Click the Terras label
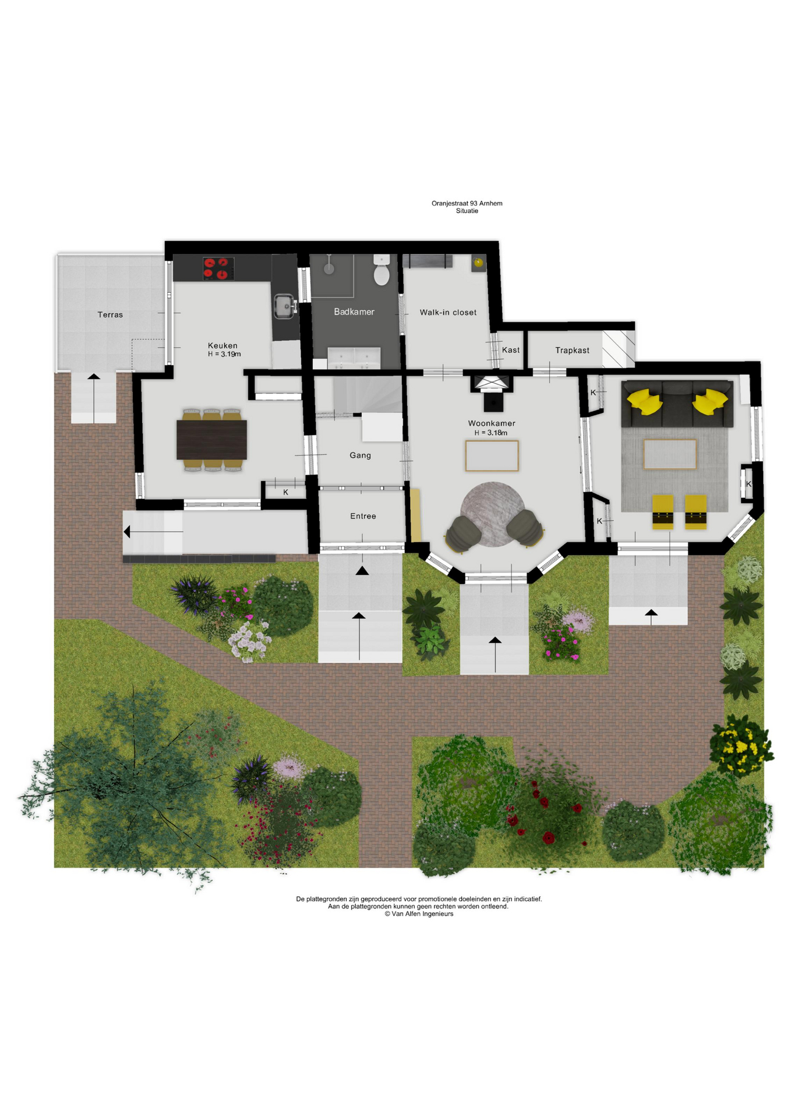(x=110, y=314)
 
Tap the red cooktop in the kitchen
(x=218, y=268)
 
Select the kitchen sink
(x=285, y=306)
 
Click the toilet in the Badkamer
(x=382, y=270)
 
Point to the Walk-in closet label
(x=448, y=313)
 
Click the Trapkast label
(x=572, y=350)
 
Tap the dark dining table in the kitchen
(x=211, y=440)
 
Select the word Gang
(x=360, y=455)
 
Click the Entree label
(x=363, y=516)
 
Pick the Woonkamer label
(x=492, y=423)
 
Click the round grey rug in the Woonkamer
(x=493, y=514)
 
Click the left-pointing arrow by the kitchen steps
(x=153, y=532)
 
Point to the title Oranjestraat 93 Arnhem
(x=467, y=203)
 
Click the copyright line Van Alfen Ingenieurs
(x=419, y=914)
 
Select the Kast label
(x=511, y=350)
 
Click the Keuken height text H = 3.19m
(x=224, y=354)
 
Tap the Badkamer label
(x=354, y=312)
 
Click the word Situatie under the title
(x=467, y=211)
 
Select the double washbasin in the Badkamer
(x=354, y=358)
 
